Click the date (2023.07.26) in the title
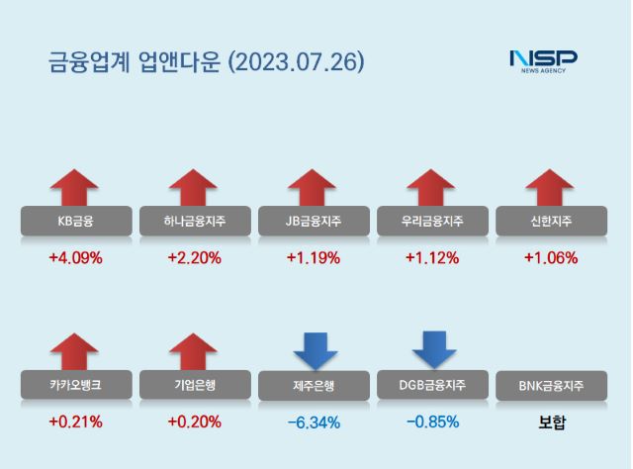296,62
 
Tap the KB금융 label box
75,221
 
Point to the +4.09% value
75,258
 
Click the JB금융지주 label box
314,221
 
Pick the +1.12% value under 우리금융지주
432,258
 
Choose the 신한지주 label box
551,221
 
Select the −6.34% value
314,422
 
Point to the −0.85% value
432,422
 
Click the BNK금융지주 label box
551,385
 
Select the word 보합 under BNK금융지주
551,422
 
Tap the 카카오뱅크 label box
75,384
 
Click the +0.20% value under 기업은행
195,422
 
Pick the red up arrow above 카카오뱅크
75,351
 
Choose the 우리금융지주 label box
432,221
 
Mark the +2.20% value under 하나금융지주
195,258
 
